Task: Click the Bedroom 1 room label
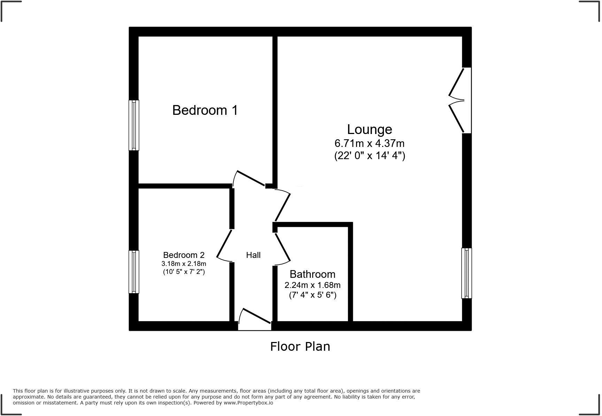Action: point(205,110)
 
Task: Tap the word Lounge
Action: point(369,129)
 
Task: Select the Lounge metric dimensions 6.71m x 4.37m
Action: point(369,143)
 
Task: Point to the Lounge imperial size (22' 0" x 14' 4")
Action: point(369,155)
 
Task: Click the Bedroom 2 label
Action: point(184,255)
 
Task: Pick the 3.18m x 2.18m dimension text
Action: point(184,264)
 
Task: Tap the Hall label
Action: point(253,255)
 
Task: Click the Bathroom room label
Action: point(312,274)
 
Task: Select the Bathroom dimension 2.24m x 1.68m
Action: point(312,285)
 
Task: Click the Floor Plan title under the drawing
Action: point(300,347)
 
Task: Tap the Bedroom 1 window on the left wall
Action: point(134,125)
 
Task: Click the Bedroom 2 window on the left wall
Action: point(134,272)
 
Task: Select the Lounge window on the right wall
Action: point(466,273)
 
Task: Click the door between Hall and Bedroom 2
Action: point(225,245)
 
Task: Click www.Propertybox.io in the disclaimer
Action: point(248,403)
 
